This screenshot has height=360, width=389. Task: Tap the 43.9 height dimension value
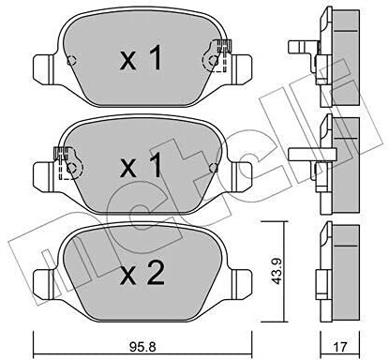[277, 271]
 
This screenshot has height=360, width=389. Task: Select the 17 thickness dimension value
[340, 347]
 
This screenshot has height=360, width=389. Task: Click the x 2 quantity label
[142, 273]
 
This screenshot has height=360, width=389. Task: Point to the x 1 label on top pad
[142, 58]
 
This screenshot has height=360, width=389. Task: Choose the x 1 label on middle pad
[142, 166]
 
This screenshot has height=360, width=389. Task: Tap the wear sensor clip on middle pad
[67, 163]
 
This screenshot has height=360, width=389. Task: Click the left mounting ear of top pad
[44, 69]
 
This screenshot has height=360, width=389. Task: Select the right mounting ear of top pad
[241, 69]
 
